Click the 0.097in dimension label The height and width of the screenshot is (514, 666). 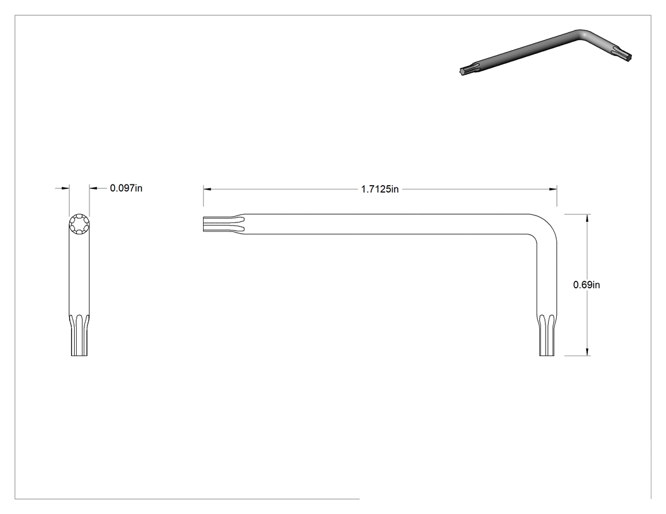click(x=126, y=188)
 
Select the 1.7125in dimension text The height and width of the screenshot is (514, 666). click(x=380, y=190)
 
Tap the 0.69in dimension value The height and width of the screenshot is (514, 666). click(x=587, y=285)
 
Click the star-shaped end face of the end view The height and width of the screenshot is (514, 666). click(x=79, y=223)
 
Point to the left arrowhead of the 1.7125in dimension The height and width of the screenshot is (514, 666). click(x=207, y=189)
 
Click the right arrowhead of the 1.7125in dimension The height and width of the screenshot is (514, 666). click(x=553, y=189)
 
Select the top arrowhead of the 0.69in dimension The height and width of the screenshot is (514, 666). click(x=587, y=218)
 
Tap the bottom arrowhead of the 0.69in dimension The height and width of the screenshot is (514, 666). click(x=587, y=352)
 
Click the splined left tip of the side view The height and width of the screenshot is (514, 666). click(x=223, y=224)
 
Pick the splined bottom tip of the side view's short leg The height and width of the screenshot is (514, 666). click(x=547, y=335)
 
